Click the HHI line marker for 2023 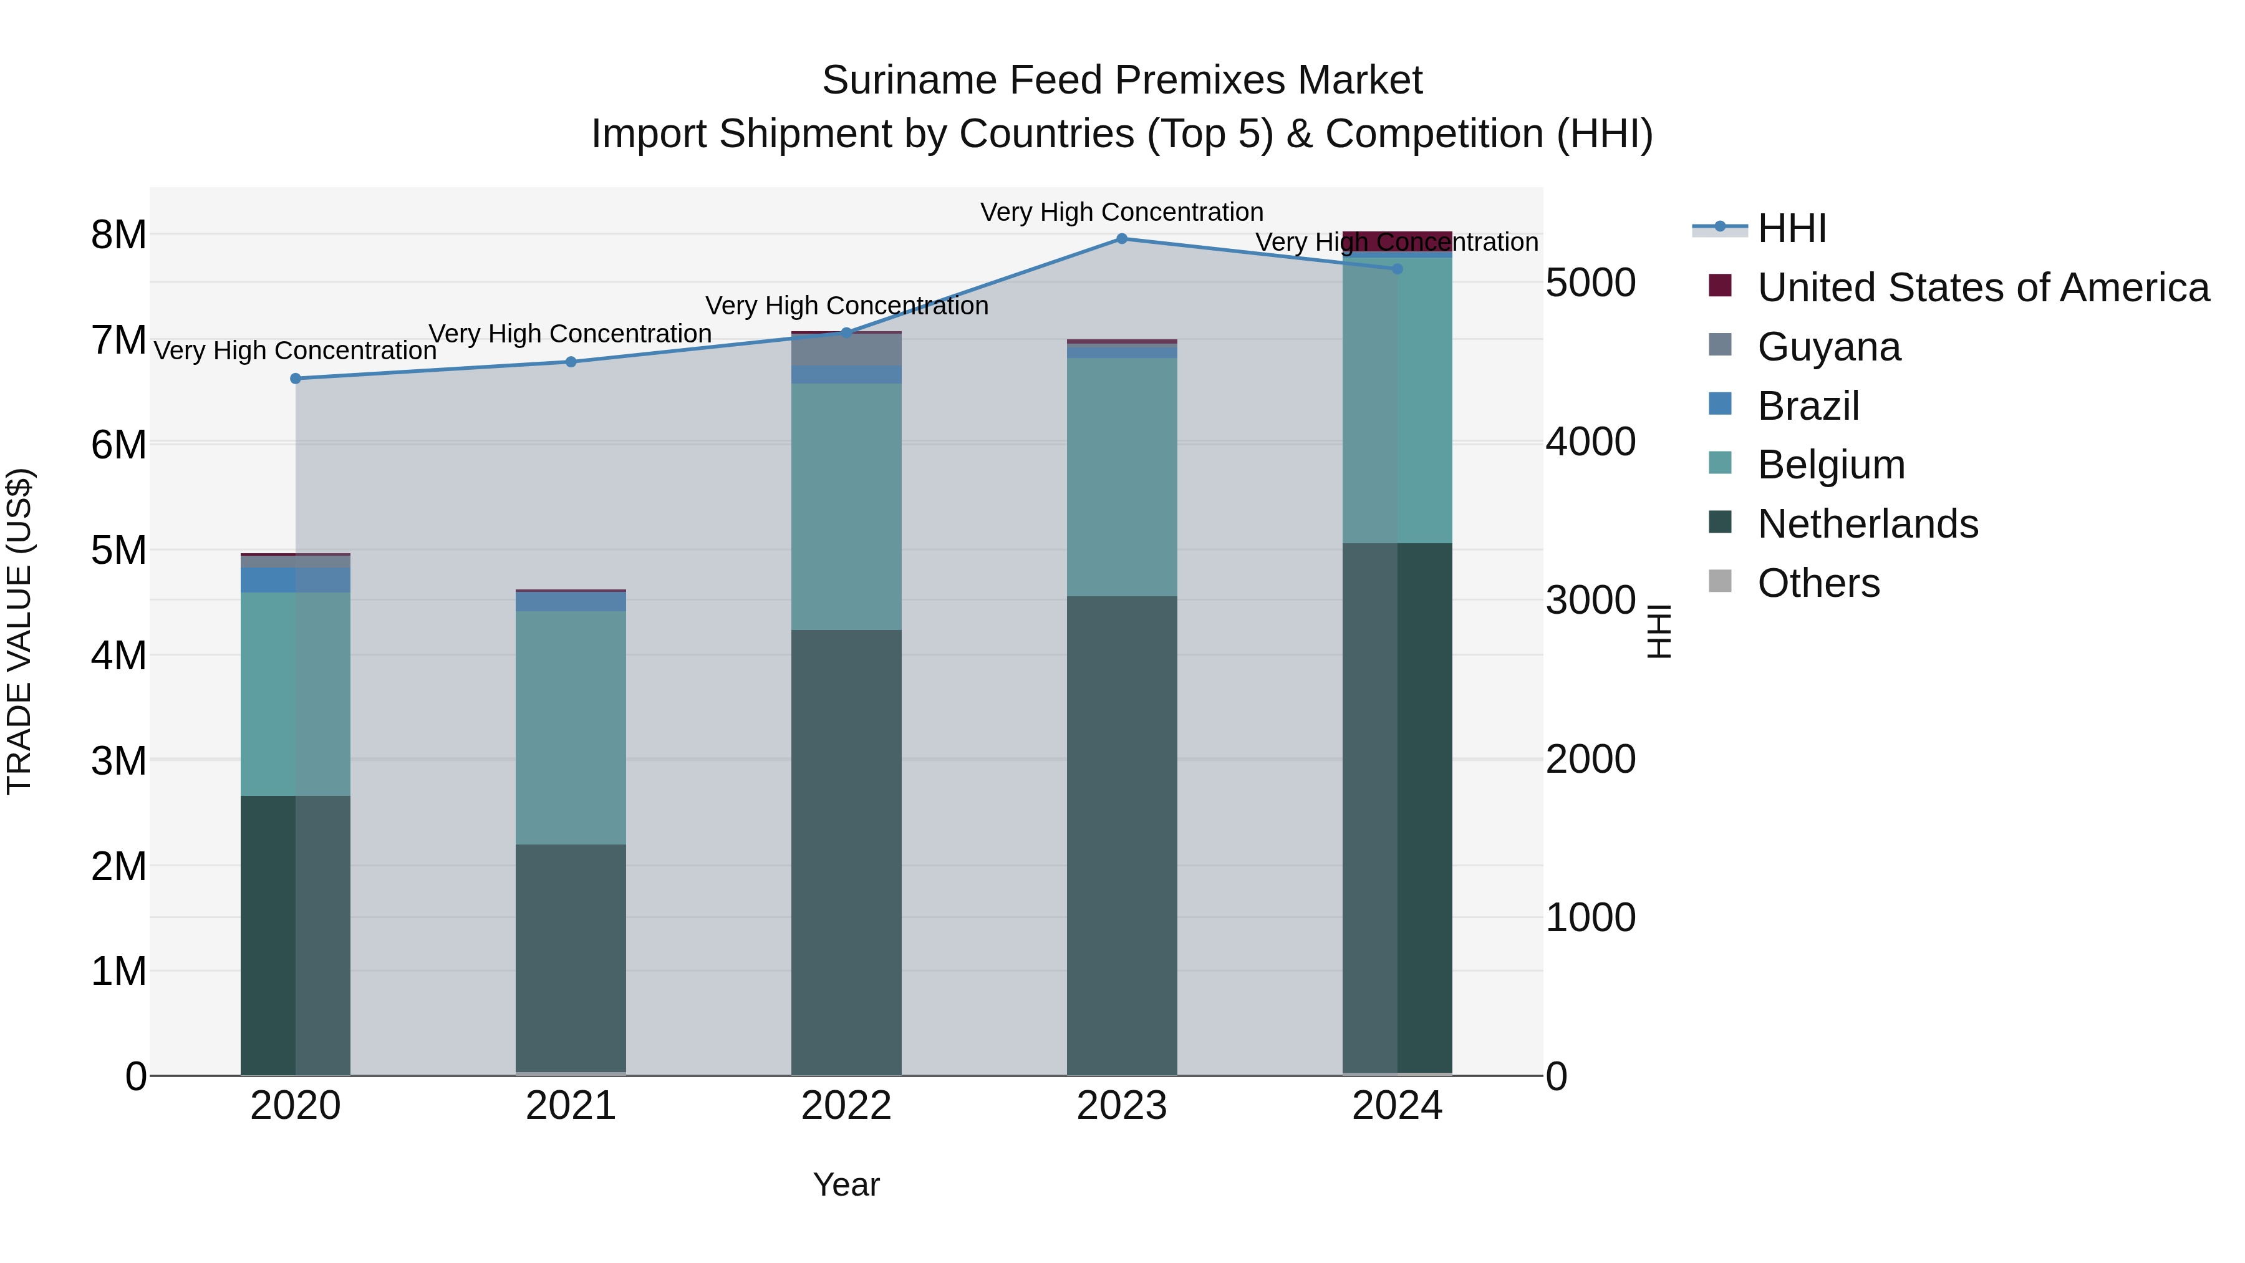[1122, 239]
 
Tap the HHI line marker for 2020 [296, 379]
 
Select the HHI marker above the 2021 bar [571, 362]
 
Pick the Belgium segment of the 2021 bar [571, 727]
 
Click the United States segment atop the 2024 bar [1397, 241]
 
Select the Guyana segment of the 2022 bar [846, 349]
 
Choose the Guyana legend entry [1828, 347]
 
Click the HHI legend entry [1791, 228]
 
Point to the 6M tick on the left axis [118, 445]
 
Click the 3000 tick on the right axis [1590, 601]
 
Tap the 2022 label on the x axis [846, 1106]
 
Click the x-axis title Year [846, 1184]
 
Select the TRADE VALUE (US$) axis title [19, 631]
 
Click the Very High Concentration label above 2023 [1122, 212]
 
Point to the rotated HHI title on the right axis [1658, 631]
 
